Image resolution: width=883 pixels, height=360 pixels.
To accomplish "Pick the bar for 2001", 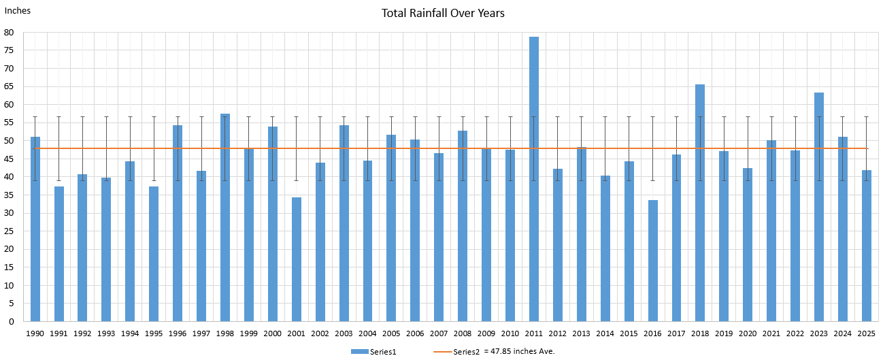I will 297,259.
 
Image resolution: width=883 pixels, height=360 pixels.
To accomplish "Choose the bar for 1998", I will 225,218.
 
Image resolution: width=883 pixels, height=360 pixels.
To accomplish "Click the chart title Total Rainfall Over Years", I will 443,13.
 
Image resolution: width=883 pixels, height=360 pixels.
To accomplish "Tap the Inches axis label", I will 18,11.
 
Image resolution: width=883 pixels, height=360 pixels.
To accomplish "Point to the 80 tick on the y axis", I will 10,32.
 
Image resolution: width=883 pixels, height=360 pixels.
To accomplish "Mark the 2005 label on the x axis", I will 391,333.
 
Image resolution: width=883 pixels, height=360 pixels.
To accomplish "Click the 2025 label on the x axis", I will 866,333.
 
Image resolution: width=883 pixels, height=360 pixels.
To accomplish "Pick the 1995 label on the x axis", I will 154,333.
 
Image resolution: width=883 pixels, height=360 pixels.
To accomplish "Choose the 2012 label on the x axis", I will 557,333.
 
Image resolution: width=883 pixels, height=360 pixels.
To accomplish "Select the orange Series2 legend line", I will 443,351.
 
